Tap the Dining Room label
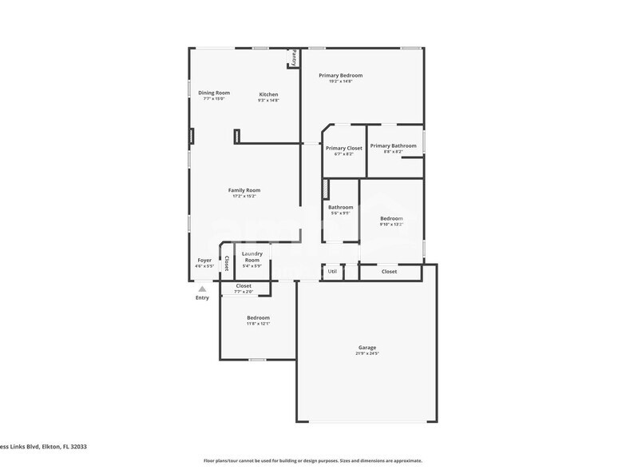coord(214,93)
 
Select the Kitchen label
coord(268,94)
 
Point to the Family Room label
coord(244,190)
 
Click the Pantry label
coord(294,58)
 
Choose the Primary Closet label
coord(344,148)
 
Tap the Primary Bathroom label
coord(393,145)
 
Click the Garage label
coord(367,348)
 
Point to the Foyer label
coord(205,260)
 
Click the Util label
coord(333,271)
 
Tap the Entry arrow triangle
coord(203,289)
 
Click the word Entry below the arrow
coord(203,298)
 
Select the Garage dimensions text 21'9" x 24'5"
coord(367,353)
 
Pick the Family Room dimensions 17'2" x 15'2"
coord(244,196)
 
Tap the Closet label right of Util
coord(389,272)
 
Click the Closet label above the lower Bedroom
coord(244,285)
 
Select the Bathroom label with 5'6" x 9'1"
coord(340,207)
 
